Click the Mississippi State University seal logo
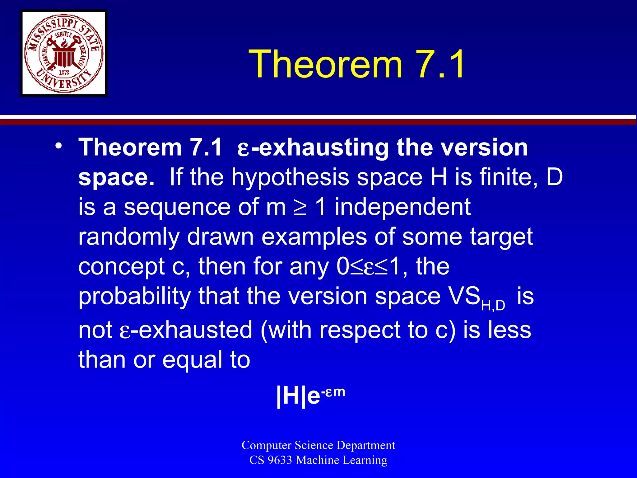point(64,53)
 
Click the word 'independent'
point(402,207)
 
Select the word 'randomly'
point(129,237)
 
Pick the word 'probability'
point(134,297)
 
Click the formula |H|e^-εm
point(310,396)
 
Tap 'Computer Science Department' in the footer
point(318,445)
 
